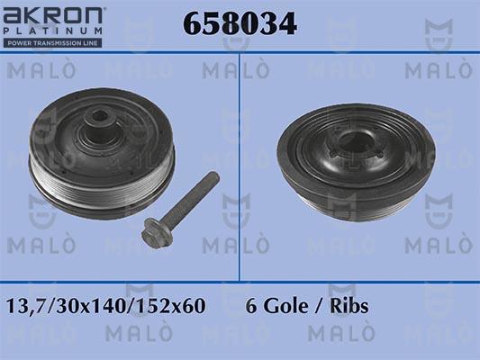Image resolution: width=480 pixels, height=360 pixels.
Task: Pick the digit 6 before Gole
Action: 251,306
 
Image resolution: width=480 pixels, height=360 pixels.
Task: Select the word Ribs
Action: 349,306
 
